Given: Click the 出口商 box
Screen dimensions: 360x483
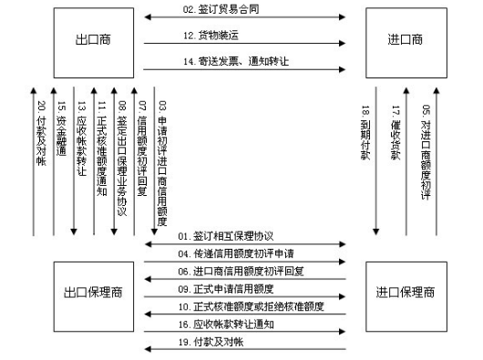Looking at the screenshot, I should pyautogui.click(x=93, y=39).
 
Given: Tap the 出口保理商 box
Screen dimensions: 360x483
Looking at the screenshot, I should pyautogui.click(x=93, y=293).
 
